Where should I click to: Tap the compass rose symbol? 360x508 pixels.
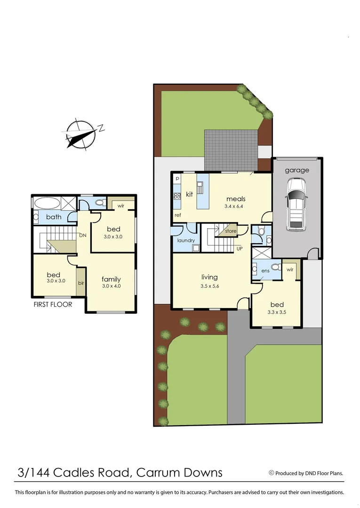(81, 134)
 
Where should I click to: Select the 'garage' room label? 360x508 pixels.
(297, 170)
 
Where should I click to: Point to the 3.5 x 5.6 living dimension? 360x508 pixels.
(209, 286)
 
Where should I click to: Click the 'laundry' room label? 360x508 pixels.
(186, 240)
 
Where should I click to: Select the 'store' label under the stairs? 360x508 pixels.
(231, 231)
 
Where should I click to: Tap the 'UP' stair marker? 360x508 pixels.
(240, 248)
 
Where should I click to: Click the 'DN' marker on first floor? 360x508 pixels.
(82, 235)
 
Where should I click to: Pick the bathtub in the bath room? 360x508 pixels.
(47, 203)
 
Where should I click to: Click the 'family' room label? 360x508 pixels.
(112, 279)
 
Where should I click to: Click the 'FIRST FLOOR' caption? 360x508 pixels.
(53, 304)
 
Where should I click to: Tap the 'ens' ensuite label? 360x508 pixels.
(265, 271)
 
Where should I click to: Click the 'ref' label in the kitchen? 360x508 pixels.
(178, 215)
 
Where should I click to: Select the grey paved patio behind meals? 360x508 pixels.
(231, 149)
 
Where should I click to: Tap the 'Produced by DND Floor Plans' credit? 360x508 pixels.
(306, 473)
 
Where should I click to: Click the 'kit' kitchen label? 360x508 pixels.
(190, 194)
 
